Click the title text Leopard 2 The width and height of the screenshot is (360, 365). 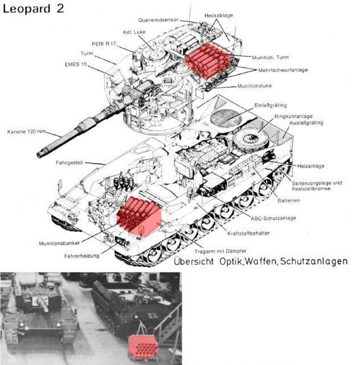(x=33, y=9)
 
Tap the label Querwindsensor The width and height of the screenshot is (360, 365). (x=158, y=20)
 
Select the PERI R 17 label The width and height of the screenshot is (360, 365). (x=104, y=44)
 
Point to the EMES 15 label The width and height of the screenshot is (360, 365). (x=76, y=64)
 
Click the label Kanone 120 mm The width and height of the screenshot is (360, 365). (x=27, y=132)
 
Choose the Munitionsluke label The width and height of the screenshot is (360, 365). (x=255, y=86)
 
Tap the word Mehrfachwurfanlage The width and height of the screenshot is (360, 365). (x=283, y=70)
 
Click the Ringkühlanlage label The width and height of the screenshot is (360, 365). (x=293, y=116)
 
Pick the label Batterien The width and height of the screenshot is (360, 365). (x=289, y=200)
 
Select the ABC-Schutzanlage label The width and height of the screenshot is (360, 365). (x=273, y=218)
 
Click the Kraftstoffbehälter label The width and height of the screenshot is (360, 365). (x=248, y=233)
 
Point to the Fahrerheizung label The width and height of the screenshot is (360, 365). (x=82, y=256)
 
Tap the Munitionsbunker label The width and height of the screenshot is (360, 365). (x=59, y=244)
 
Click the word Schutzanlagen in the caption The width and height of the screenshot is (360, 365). (x=314, y=261)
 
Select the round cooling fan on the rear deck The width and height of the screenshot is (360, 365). (x=251, y=139)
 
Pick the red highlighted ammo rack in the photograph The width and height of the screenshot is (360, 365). (x=143, y=347)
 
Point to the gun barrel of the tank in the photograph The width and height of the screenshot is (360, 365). (x=43, y=304)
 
